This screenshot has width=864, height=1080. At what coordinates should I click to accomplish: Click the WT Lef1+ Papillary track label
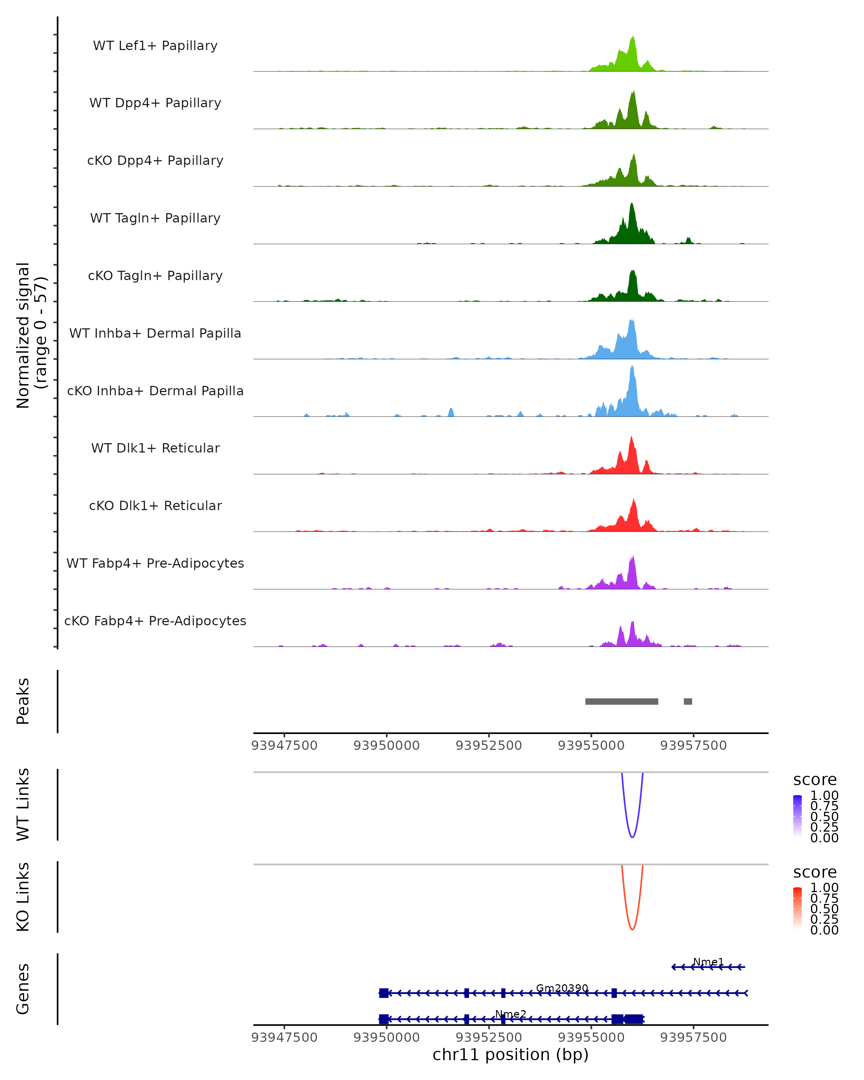[x=155, y=46]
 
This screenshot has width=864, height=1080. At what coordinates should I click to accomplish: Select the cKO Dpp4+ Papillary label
[x=155, y=161]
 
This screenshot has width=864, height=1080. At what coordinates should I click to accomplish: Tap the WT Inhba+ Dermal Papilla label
[x=155, y=334]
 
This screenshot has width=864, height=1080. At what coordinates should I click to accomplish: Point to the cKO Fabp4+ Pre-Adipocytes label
[x=155, y=621]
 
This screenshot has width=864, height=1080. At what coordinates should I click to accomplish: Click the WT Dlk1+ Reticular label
[x=155, y=448]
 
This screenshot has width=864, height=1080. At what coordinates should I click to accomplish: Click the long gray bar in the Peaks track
[x=622, y=701]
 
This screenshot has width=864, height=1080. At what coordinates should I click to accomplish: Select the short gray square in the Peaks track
[x=688, y=701]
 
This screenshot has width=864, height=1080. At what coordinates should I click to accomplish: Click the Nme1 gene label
[x=708, y=962]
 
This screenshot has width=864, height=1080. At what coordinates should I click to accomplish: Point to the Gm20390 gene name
[x=562, y=988]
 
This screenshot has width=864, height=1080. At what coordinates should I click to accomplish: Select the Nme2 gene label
[x=511, y=1014]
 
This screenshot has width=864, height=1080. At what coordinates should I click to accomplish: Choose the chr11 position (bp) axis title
[x=510, y=1055]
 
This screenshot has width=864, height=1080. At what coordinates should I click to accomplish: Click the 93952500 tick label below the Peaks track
[x=489, y=746]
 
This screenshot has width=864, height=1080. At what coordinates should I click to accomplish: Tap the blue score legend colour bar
[x=797, y=815]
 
